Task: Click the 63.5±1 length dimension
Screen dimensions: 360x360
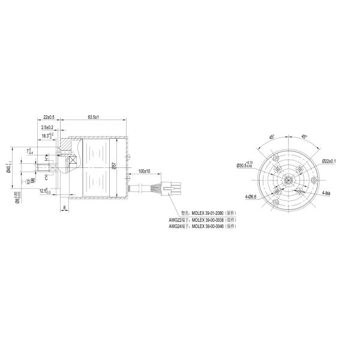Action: [93, 116]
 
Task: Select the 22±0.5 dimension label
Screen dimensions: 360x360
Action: [49, 116]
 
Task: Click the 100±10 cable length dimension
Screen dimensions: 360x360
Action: [144, 171]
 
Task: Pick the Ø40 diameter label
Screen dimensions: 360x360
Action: [8, 167]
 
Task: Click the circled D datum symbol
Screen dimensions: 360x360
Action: [27, 179]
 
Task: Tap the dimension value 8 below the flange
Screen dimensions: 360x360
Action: [64, 208]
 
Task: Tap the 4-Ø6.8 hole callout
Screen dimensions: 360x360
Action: [251, 196]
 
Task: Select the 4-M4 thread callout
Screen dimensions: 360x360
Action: [327, 193]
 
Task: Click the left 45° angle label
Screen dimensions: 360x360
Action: [272, 137]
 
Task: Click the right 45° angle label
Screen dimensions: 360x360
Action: [304, 137]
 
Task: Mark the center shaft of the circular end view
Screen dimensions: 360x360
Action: [288, 179]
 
